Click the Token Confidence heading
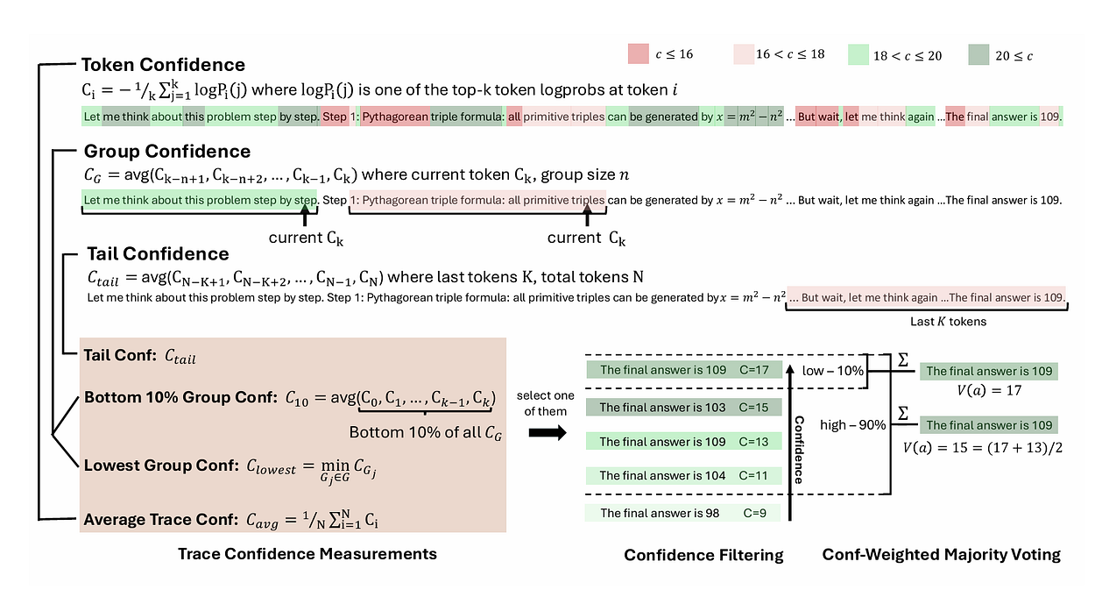point(163,65)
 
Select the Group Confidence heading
point(166,152)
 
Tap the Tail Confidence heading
point(158,254)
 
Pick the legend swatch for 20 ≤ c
point(984,55)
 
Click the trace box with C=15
point(684,408)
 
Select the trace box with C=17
point(684,370)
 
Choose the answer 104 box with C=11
point(684,476)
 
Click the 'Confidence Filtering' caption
point(703,554)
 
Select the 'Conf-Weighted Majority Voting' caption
point(941,554)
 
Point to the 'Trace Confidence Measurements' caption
point(307,554)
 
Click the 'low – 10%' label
point(833,371)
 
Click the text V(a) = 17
point(990,391)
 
